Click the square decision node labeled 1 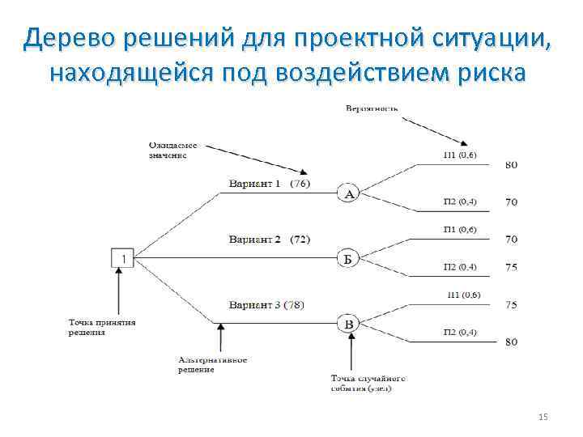122,257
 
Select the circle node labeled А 348,194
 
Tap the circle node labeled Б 348,259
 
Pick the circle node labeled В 348,325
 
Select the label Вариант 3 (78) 266,304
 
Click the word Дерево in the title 77,36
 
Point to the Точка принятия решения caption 101,326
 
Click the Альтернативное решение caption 212,364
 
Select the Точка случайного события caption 368,383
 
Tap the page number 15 543,417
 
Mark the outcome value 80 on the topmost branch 512,165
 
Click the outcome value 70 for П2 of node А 512,202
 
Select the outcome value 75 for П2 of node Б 512,267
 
